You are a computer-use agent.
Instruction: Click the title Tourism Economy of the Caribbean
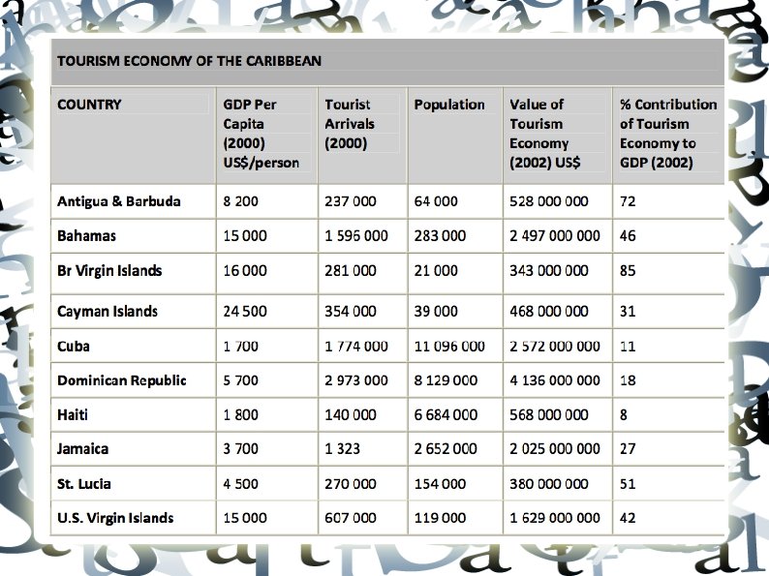click(x=189, y=61)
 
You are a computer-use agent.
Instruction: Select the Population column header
click(x=449, y=105)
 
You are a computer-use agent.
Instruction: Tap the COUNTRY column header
click(x=89, y=105)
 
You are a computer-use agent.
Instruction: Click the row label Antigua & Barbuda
click(x=119, y=202)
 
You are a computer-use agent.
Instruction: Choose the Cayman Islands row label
click(x=108, y=312)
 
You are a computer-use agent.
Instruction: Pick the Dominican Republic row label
click(x=122, y=380)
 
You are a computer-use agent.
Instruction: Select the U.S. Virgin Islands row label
click(x=115, y=518)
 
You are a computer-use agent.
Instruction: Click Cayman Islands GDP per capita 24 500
click(x=245, y=312)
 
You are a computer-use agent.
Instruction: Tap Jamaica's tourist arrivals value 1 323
click(x=343, y=449)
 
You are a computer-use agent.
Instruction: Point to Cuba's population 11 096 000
click(x=449, y=347)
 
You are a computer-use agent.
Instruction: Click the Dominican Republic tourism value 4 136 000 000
click(x=555, y=380)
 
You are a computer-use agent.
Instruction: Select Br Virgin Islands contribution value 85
click(x=628, y=271)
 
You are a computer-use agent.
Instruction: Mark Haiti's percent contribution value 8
click(x=624, y=415)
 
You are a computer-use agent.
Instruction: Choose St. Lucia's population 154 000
click(x=440, y=484)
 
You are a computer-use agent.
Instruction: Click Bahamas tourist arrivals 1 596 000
click(x=356, y=236)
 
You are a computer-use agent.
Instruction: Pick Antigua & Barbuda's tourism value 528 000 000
click(x=549, y=202)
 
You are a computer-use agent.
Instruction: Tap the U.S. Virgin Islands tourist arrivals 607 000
click(x=351, y=518)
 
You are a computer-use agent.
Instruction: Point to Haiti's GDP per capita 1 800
click(x=241, y=415)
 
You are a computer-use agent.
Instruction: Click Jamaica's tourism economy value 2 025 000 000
click(x=555, y=449)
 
